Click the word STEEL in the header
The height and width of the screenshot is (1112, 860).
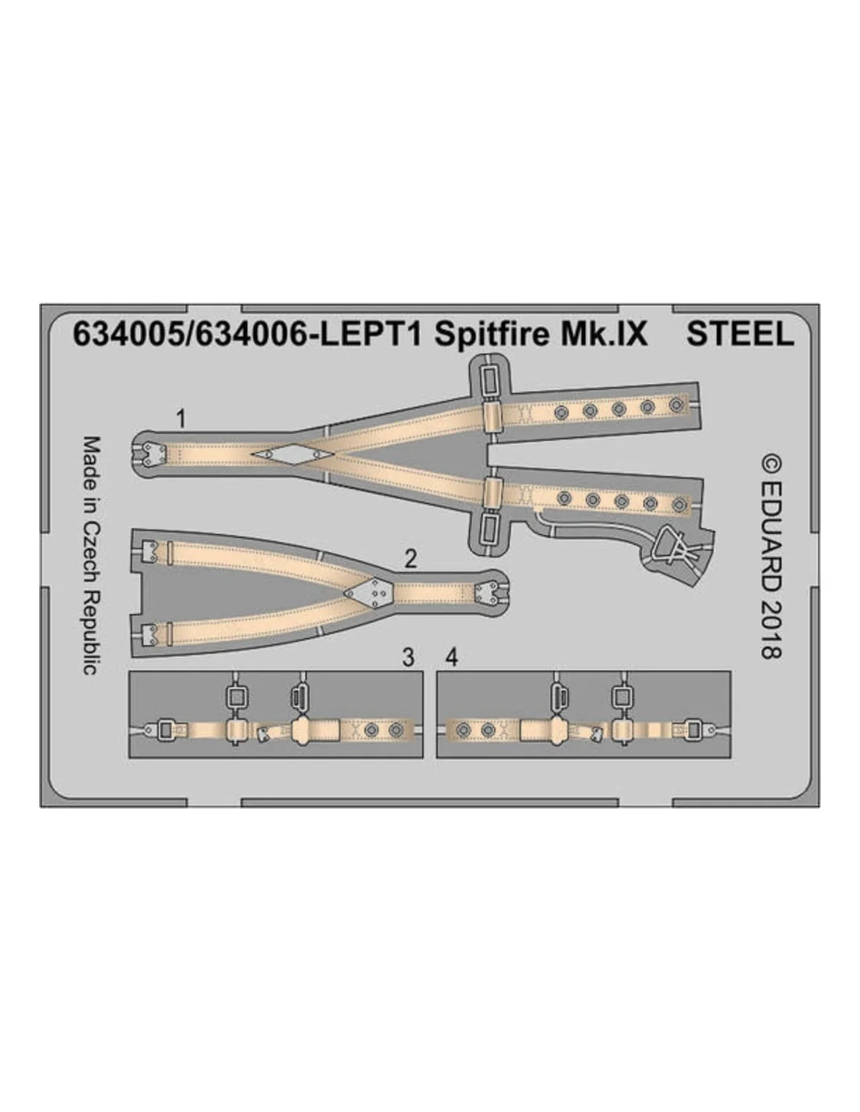[740, 335]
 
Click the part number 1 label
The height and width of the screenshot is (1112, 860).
[180, 420]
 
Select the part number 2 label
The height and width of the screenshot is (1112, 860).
[410, 560]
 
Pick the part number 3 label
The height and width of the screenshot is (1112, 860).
[408, 658]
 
